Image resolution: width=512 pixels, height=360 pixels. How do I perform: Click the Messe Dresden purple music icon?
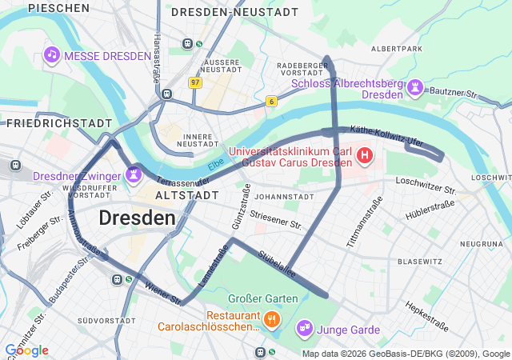tap(52, 54)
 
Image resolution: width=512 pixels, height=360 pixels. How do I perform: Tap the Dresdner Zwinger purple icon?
tap(134, 172)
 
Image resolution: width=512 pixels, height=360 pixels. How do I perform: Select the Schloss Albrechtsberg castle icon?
tap(416, 86)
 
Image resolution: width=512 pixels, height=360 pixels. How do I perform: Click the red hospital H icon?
tap(365, 154)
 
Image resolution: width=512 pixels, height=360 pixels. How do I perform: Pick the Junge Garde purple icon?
tap(304, 327)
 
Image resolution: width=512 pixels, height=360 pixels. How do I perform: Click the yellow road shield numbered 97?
tap(195, 82)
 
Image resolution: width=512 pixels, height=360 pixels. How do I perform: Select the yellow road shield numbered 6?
tap(272, 101)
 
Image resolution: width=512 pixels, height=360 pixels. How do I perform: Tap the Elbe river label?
tap(216, 166)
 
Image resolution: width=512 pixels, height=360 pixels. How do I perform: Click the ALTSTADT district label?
tap(186, 195)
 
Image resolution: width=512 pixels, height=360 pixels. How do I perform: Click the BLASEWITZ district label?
tap(420, 262)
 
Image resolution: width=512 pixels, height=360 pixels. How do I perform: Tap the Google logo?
tap(26, 350)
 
